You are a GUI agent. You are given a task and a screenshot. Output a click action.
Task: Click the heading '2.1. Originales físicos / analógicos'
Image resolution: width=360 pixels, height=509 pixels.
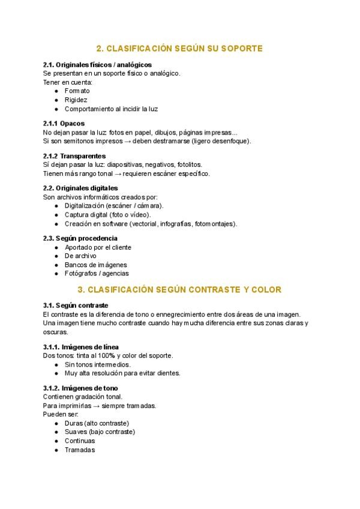point(97,64)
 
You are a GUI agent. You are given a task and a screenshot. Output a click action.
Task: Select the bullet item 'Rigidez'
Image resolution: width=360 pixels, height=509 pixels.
point(76,100)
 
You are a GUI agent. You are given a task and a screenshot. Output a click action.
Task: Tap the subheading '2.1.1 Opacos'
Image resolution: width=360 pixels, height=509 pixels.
point(64,124)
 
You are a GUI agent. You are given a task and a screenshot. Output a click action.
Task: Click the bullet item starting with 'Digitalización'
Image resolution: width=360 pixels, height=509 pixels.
point(114,205)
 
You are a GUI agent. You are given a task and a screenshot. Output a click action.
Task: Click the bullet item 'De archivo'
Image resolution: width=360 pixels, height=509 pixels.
point(80,256)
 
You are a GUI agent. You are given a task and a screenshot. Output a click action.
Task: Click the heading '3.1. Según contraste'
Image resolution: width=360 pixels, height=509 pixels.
point(76,306)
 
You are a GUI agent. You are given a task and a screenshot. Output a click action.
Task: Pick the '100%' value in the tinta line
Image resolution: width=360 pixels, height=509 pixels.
point(107,355)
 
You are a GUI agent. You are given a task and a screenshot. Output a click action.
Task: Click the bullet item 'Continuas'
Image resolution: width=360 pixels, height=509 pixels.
point(80,441)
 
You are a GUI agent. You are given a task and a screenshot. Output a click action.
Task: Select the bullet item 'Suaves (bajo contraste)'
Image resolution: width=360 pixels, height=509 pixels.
point(100,432)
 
